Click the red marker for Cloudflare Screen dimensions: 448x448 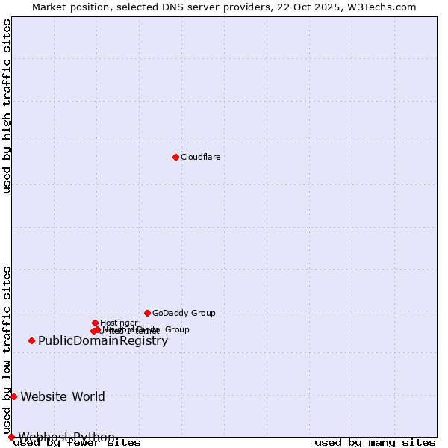(175, 157)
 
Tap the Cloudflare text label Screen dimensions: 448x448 (200, 157)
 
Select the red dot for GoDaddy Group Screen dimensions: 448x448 (147, 313)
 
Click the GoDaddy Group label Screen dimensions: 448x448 (184, 313)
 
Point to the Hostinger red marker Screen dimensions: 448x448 (95, 323)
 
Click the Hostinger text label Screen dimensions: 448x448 (119, 323)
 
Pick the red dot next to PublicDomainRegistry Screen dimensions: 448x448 (31, 340)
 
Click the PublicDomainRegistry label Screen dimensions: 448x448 (103, 341)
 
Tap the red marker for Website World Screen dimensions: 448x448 (13, 396)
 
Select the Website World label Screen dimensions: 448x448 (63, 396)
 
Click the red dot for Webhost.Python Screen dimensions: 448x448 (11, 437)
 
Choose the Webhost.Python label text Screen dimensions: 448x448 (66, 437)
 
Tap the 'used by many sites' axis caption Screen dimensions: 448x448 (375, 443)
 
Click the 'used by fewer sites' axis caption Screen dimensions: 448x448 (77, 443)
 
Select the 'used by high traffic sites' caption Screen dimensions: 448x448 (7, 106)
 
